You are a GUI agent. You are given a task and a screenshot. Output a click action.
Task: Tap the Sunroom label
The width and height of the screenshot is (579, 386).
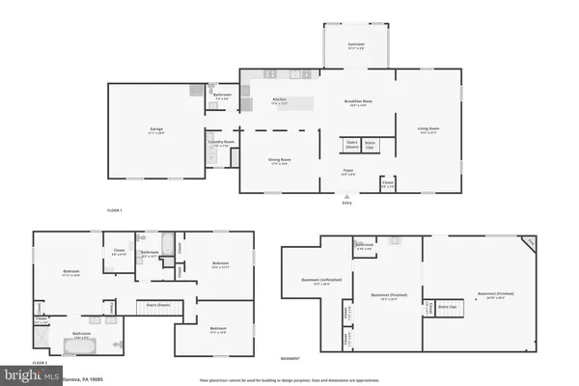click(357, 44)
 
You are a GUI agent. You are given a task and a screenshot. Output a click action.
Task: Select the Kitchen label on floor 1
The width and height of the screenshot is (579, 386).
click(280, 98)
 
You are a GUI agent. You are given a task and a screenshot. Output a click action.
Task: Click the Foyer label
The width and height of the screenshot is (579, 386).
click(346, 173)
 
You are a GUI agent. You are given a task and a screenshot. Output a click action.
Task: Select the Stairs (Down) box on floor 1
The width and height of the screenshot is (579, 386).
click(352, 144)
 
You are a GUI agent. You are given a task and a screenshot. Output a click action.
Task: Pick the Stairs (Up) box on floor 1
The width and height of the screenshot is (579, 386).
click(370, 144)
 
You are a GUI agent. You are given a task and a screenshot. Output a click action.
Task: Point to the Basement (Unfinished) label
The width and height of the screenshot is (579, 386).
click(310, 282)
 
